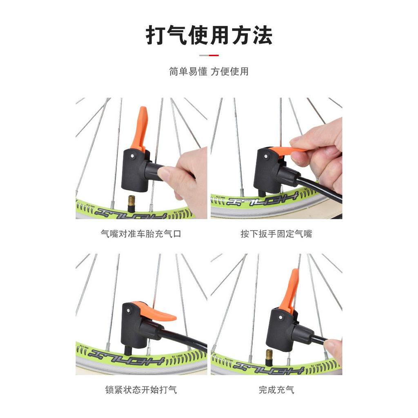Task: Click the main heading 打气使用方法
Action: pos(209,35)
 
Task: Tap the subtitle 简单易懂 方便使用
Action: pos(209,71)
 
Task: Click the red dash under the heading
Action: pos(214,56)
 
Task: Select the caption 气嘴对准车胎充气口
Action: pos(141,234)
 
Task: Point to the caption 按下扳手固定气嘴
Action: pos(276,234)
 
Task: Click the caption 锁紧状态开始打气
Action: pos(141,390)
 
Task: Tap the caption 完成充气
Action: pos(276,390)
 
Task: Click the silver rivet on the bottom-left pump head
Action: pos(129,311)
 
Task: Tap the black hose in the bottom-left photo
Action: pos(184,338)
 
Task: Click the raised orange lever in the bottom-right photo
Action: pos(291,291)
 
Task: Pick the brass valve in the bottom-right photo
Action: pos(269,358)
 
